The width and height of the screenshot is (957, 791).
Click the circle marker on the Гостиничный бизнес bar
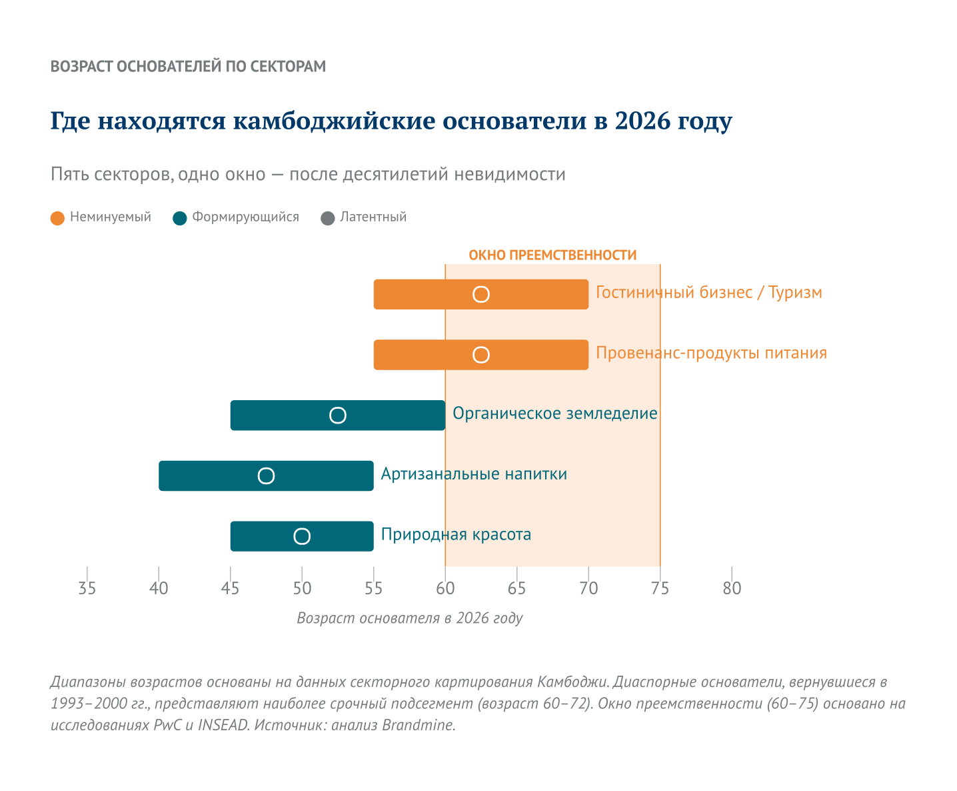pos(481,294)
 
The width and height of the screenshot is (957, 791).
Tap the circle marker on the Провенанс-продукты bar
pos(481,355)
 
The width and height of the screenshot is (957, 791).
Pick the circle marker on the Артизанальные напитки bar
pos(266,476)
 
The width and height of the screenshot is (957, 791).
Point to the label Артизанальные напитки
pos(474,474)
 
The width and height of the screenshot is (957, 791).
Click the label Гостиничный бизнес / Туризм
pos(708,293)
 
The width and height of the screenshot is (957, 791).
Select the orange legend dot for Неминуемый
pos(58,218)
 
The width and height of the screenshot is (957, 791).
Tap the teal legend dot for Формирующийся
pos(179,218)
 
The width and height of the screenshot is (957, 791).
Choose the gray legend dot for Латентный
pos(328,218)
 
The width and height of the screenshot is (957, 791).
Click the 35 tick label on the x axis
pos(87,588)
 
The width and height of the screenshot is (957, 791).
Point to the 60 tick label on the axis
pos(445,588)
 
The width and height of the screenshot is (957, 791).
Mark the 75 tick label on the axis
pos(660,588)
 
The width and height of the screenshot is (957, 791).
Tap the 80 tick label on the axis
pos(732,588)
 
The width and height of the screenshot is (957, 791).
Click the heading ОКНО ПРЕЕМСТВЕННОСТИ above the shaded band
pos(552,255)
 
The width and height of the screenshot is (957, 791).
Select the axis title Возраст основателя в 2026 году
pos(409,618)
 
